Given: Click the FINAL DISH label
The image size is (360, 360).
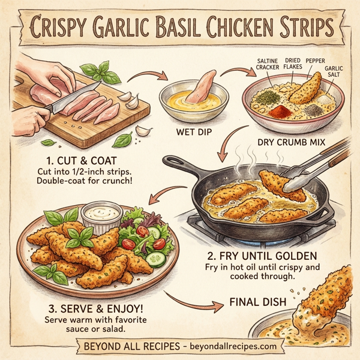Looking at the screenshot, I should (x=256, y=302).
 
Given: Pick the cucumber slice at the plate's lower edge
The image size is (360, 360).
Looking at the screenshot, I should (x=155, y=259).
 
